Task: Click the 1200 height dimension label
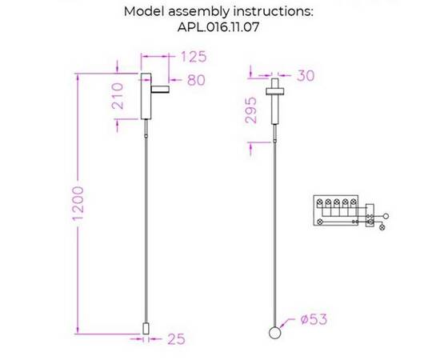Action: point(78,203)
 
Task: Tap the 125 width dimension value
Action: point(194,57)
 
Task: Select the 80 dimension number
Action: point(197,80)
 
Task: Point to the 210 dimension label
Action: point(118,96)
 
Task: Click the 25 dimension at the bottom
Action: point(177,339)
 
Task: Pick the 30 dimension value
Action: point(306,76)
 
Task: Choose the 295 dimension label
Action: point(251,110)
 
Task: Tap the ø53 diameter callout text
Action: point(314,319)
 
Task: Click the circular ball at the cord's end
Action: point(274,333)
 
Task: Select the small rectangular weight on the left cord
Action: point(146,329)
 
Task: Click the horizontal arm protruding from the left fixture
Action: point(160,89)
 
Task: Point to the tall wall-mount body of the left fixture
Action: point(146,96)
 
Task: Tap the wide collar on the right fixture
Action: point(275,91)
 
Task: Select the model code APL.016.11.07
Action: point(218,27)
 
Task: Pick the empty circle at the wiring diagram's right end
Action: point(386,216)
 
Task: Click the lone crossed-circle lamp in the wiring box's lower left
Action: point(319,222)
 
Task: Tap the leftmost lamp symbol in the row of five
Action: point(319,202)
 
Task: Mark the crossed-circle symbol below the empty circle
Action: point(382,227)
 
